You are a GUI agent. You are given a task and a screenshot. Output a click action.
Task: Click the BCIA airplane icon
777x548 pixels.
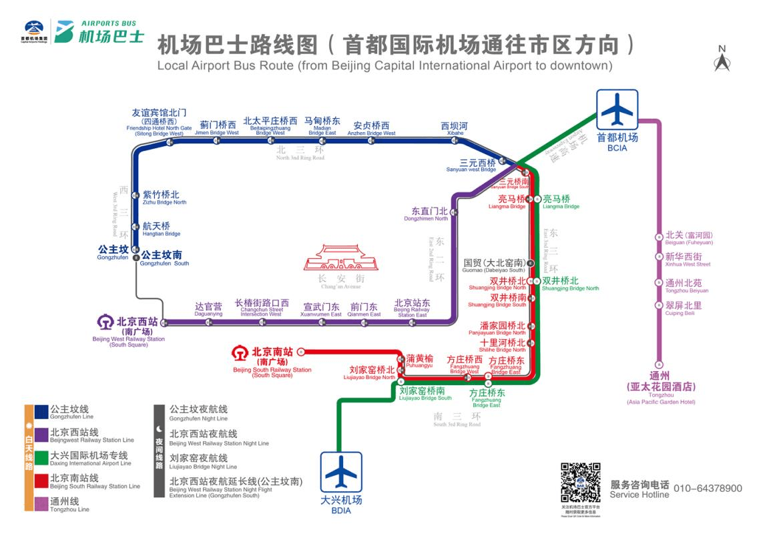tap(617, 110)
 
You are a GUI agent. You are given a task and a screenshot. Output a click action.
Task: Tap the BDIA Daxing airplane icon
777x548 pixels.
tap(341, 473)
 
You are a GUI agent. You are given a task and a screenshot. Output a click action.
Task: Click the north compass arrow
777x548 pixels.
tap(722, 61)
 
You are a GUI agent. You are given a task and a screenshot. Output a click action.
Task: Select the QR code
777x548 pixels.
tap(579, 482)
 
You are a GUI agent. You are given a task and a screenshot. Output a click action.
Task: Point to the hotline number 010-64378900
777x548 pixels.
tap(708, 489)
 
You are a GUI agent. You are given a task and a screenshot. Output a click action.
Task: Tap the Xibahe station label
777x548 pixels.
tap(455, 128)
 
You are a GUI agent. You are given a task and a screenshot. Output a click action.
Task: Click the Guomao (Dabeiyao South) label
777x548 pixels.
tap(494, 266)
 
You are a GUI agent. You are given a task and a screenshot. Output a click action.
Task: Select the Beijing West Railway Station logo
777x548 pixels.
tap(105, 322)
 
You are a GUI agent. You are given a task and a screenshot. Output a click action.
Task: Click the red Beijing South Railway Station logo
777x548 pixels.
tap(240, 352)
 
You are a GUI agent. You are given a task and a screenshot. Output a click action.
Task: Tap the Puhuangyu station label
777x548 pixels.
tap(419, 361)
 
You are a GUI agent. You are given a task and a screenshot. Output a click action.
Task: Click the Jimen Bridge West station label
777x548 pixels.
tap(217, 128)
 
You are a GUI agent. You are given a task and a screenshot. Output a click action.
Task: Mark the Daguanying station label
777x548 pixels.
tap(208, 308)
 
